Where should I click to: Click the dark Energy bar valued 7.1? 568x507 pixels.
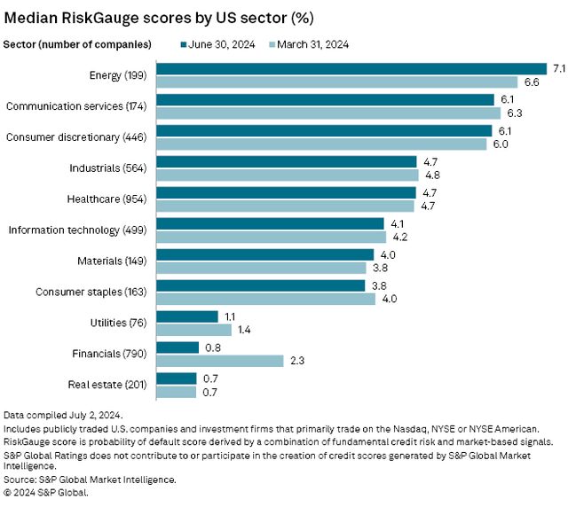click(351, 68)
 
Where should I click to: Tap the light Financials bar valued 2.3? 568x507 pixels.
click(219, 361)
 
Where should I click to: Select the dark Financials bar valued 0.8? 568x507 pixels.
click(177, 347)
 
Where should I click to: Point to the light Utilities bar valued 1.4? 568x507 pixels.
click(193, 330)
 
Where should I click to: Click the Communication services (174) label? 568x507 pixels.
click(78, 106)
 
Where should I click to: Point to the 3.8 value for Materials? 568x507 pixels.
click(378, 268)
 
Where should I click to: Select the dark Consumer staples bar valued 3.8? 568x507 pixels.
click(260, 285)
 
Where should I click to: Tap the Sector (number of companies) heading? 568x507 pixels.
click(77, 43)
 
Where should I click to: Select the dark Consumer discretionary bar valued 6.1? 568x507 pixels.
click(324, 130)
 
